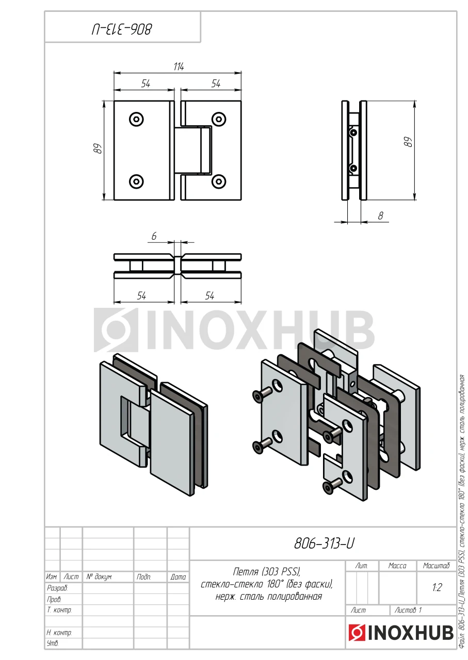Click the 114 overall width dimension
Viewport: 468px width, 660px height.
click(x=179, y=67)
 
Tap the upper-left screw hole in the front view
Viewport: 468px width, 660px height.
click(x=137, y=119)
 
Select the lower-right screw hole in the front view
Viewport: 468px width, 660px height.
click(x=219, y=181)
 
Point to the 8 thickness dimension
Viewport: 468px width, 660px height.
click(x=380, y=216)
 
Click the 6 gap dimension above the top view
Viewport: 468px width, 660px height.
click(x=154, y=236)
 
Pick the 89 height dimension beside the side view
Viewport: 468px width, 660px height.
click(x=409, y=143)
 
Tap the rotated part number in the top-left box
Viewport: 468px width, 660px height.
click(x=122, y=30)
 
